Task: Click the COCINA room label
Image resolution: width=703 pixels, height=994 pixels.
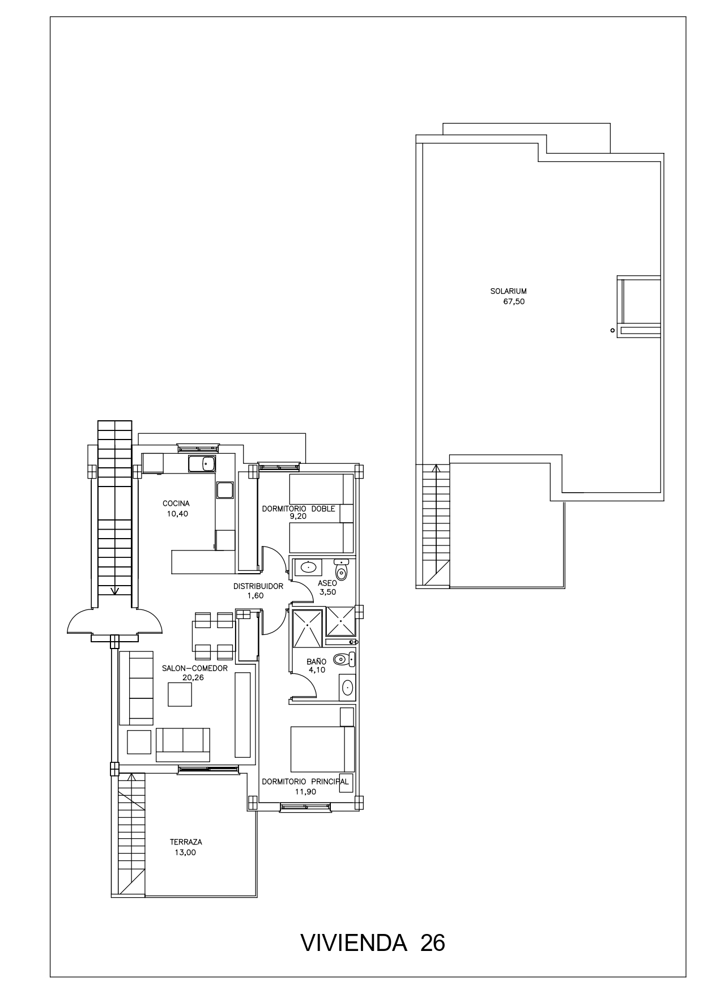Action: click(176, 504)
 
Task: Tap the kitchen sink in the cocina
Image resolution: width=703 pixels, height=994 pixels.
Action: click(202, 464)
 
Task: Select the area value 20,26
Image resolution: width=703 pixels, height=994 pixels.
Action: click(193, 677)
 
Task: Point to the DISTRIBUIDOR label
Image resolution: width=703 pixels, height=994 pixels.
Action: click(258, 586)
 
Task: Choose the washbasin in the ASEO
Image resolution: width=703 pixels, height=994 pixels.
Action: click(308, 567)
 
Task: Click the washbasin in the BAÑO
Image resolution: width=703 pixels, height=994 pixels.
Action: click(347, 688)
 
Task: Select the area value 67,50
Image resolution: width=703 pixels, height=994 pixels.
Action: click(514, 302)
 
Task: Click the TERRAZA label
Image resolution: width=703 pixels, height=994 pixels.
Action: click(186, 842)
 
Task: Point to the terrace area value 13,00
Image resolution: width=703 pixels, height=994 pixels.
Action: click(185, 852)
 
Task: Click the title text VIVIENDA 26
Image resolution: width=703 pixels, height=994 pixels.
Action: click(373, 943)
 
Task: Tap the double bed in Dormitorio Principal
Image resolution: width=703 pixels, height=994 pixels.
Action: click(322, 749)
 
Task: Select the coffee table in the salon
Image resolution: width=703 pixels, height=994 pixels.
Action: click(180, 694)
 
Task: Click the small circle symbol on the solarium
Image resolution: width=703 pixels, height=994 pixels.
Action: click(612, 330)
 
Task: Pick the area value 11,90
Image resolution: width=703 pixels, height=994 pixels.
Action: click(306, 792)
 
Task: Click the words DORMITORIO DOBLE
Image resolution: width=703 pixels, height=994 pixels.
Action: click(299, 509)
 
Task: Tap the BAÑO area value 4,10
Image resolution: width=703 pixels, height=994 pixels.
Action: click(317, 670)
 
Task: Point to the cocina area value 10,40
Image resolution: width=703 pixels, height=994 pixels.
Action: click(177, 514)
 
